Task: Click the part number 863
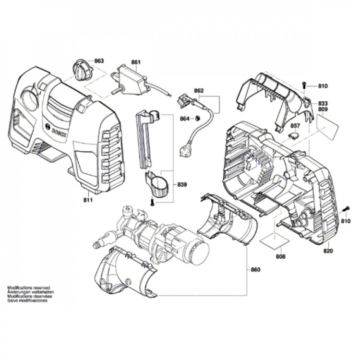(x=99, y=61)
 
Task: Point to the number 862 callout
(x=199, y=91)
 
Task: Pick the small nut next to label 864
(x=197, y=118)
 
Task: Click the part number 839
(x=182, y=184)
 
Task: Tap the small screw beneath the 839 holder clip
(x=153, y=203)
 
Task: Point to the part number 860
(x=255, y=270)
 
